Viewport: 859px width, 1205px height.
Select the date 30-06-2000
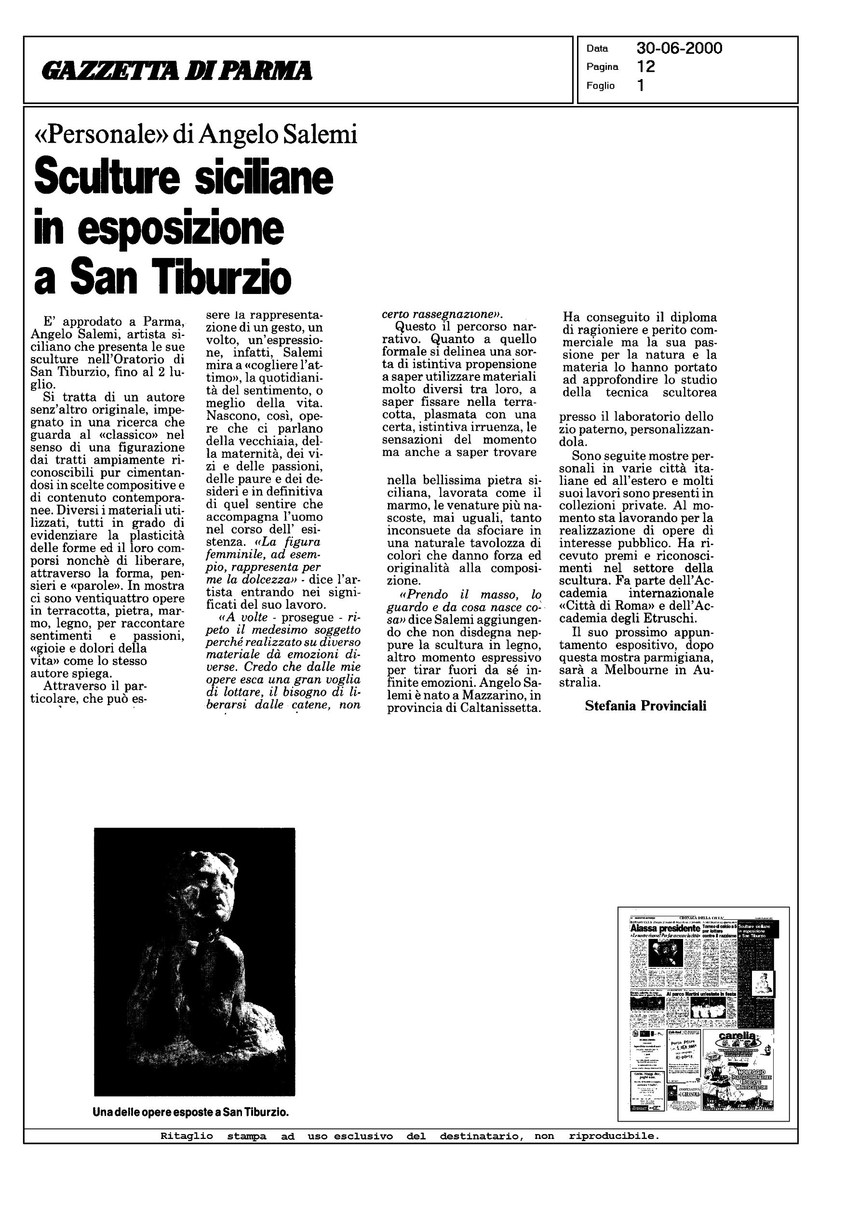coord(679,49)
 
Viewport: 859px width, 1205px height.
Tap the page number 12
coord(646,67)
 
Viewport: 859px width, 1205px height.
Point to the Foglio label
coord(600,86)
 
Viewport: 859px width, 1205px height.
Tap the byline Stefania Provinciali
coord(645,706)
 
